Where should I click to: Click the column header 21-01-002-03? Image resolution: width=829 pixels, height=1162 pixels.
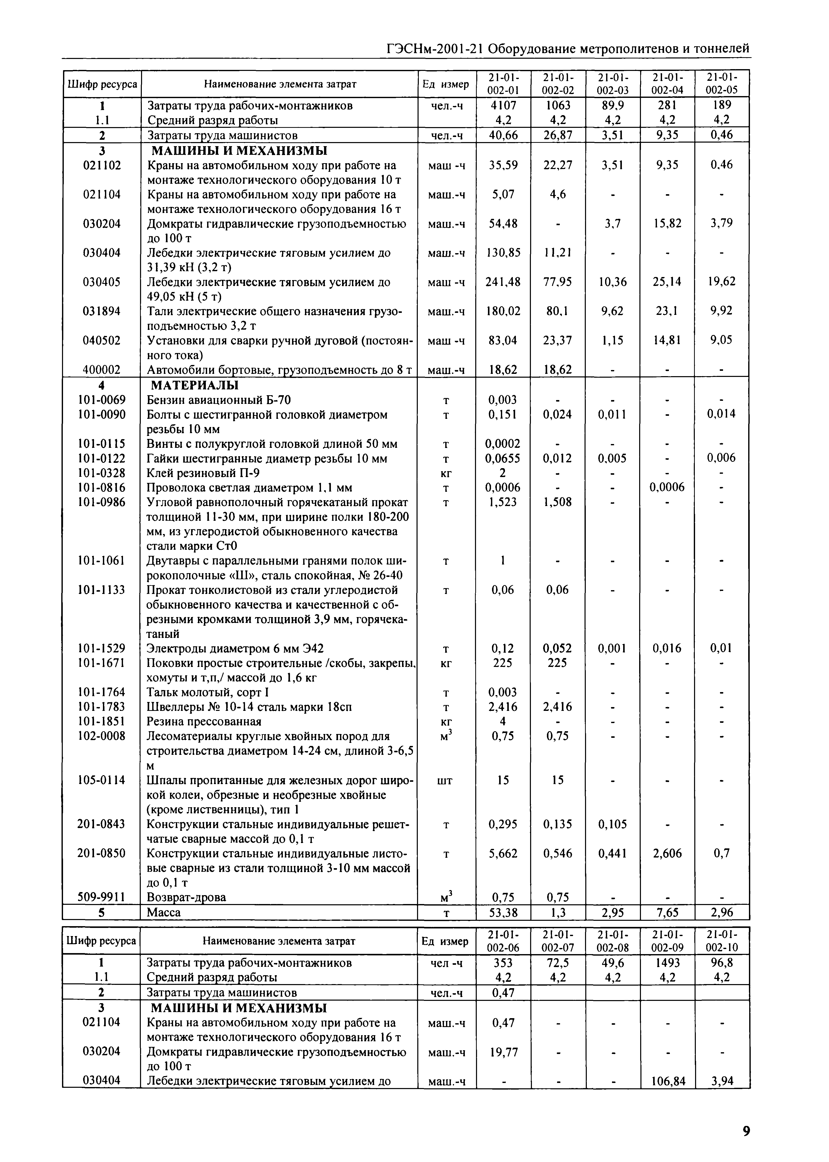pyautogui.click(x=612, y=84)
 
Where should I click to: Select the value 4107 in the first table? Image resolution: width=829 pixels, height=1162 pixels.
pyautogui.click(x=503, y=106)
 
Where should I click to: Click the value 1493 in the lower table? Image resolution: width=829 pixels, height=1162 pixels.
pyautogui.click(x=667, y=963)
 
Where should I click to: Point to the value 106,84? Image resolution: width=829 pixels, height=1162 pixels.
pyautogui.click(x=667, y=1081)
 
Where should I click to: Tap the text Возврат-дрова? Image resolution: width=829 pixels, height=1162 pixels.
pyautogui.click(x=186, y=897)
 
